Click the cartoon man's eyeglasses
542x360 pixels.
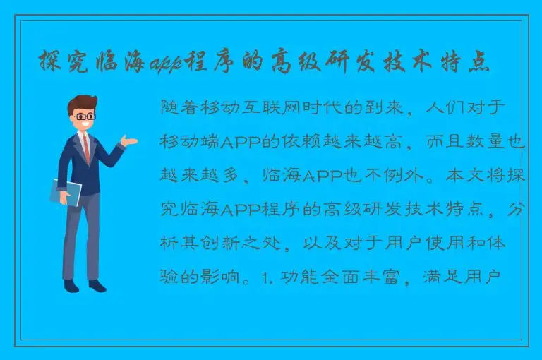(x=84, y=116)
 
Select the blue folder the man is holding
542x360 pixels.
(x=66, y=191)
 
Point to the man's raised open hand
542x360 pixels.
(x=129, y=141)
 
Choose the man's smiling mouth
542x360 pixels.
(x=86, y=126)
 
